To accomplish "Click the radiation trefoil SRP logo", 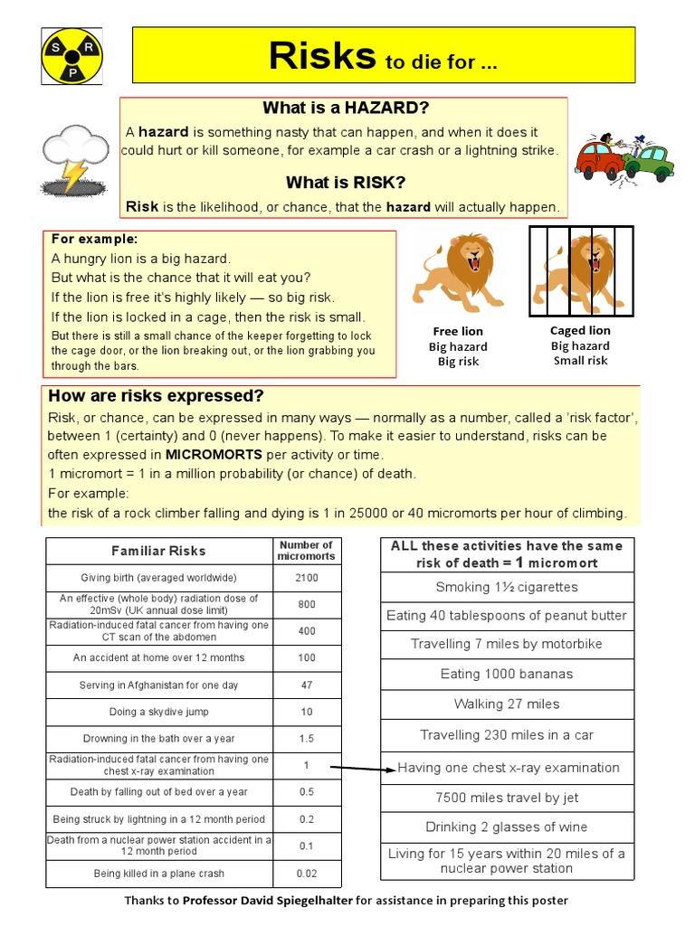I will (x=72, y=54).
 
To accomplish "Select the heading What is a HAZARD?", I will (x=345, y=109).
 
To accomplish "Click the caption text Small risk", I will (x=580, y=361).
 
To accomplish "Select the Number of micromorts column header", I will (x=307, y=551).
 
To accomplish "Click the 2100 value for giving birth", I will (x=307, y=578).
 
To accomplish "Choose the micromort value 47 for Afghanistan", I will (x=307, y=685).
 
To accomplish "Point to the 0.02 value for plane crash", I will (x=307, y=874).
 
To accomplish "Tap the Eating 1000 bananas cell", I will (x=507, y=674).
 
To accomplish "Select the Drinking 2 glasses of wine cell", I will (x=507, y=827).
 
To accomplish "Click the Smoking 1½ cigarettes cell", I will (x=507, y=587).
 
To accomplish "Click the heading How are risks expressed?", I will (x=156, y=396).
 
